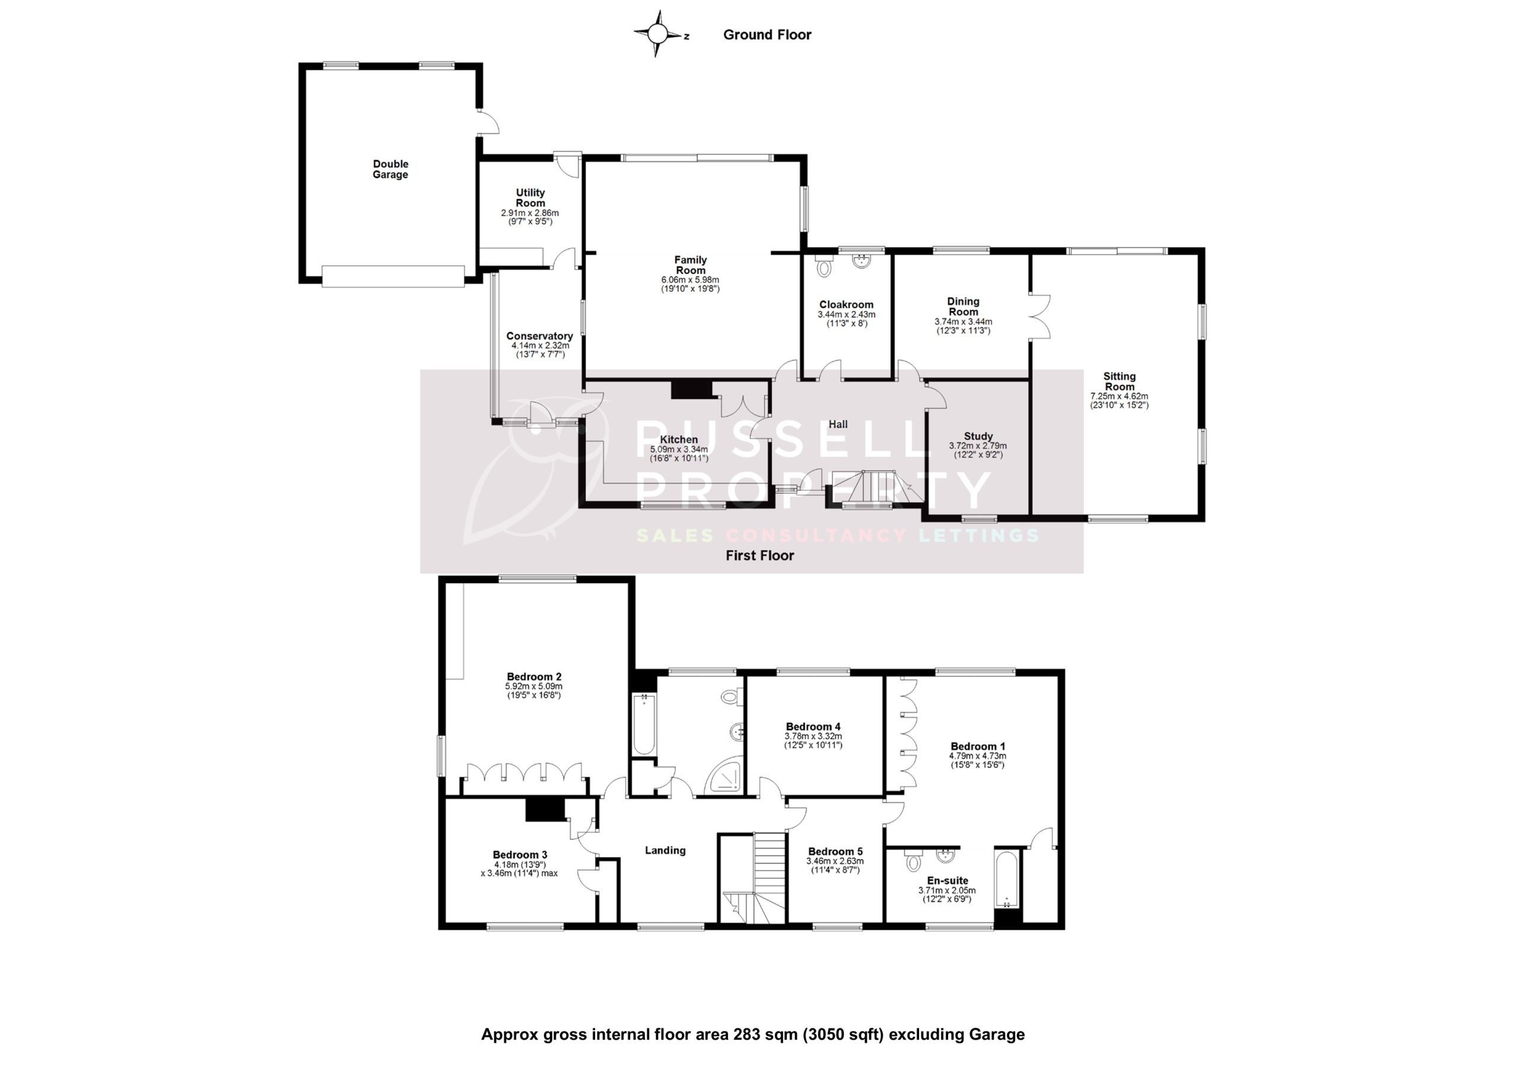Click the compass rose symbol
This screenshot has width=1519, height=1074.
point(657,33)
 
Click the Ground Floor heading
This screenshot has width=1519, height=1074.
point(767,35)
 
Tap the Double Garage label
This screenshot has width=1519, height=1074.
point(390,169)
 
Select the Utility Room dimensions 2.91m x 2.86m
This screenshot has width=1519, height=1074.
point(530,213)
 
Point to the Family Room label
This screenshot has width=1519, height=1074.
point(690,265)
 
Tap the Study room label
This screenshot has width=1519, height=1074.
point(978,436)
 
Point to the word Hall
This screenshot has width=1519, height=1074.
point(838,424)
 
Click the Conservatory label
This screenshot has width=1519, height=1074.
point(539,336)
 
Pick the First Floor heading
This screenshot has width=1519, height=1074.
point(759,556)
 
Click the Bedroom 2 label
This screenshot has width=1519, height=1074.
point(534,676)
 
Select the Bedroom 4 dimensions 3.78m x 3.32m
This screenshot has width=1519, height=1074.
point(813,736)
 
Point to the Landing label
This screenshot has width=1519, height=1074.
point(665,850)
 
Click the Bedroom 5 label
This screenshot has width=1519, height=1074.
point(835,851)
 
